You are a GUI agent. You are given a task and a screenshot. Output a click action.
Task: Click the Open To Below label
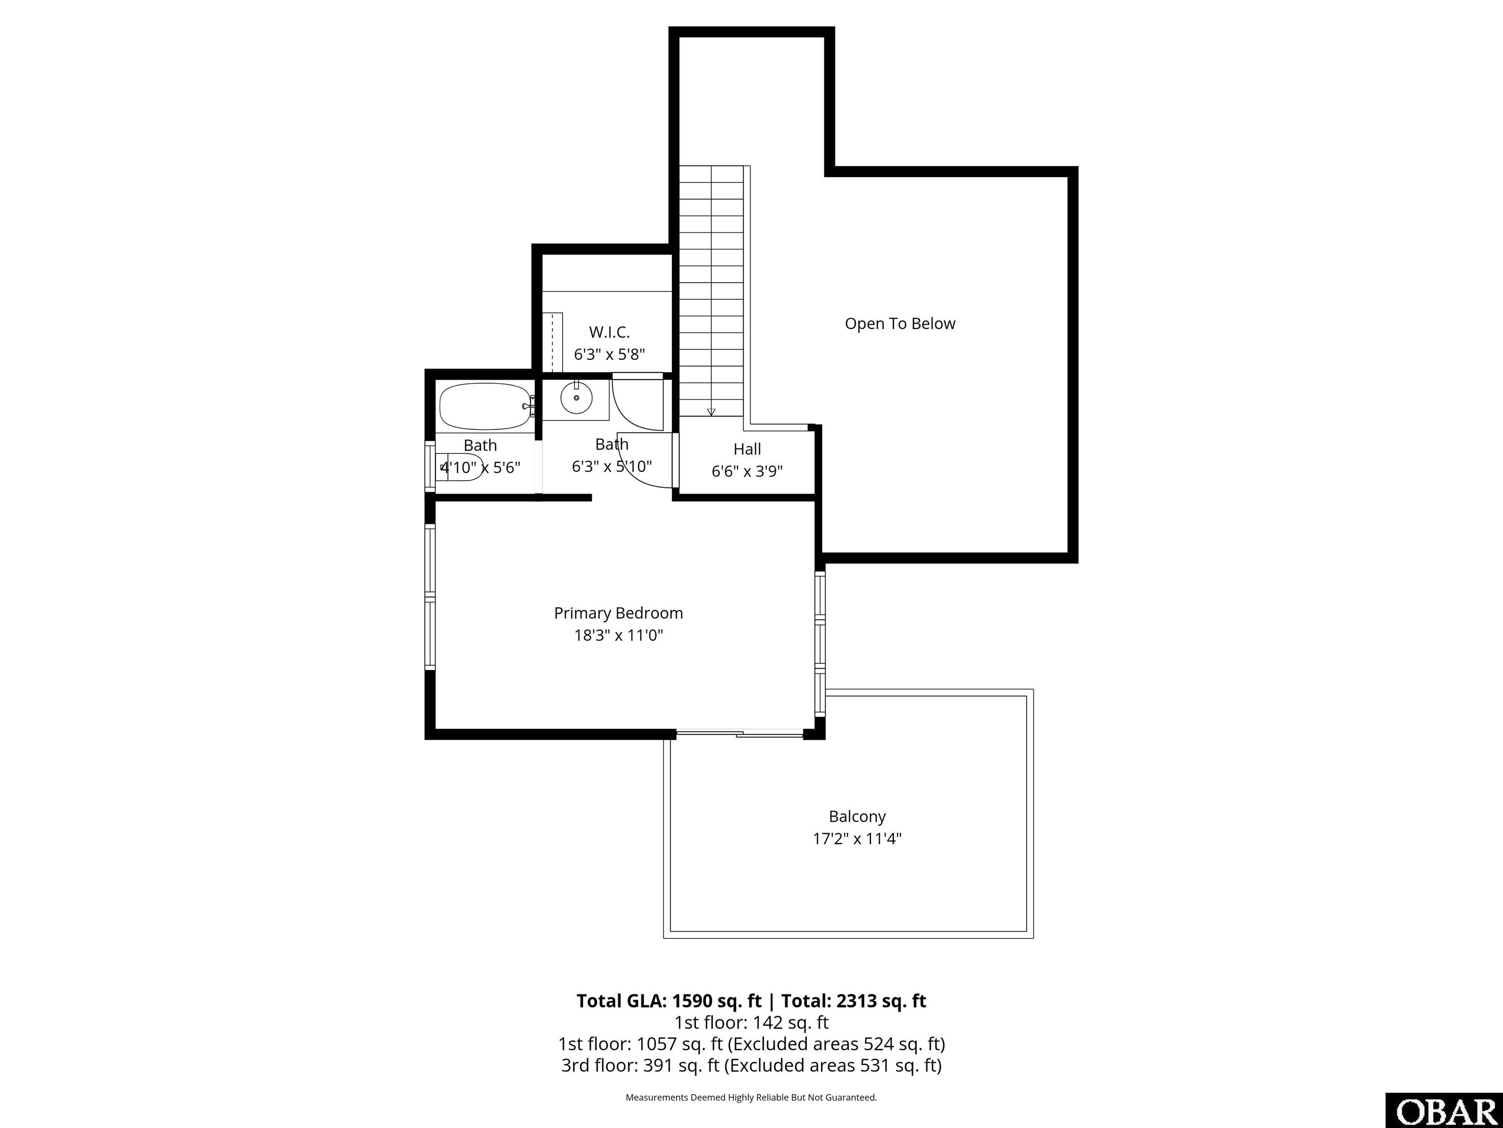(x=900, y=324)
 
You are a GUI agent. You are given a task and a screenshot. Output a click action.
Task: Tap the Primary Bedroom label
(x=618, y=613)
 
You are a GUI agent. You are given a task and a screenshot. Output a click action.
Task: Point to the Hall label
(x=748, y=449)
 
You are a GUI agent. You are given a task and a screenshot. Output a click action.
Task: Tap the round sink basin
(x=576, y=398)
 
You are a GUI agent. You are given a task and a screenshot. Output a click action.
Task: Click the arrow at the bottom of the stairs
(x=711, y=411)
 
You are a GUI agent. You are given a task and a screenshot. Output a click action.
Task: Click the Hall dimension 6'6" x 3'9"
(x=748, y=471)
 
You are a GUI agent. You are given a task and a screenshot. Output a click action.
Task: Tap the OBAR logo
(x=1444, y=1111)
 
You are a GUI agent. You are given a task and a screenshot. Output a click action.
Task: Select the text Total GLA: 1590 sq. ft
(x=669, y=1001)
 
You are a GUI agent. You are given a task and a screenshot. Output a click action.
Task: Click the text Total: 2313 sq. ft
(x=853, y=1001)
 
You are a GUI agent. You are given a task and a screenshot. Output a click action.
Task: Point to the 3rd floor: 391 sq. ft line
(x=751, y=1065)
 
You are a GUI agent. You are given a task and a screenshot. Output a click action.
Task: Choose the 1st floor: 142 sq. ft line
(x=751, y=1023)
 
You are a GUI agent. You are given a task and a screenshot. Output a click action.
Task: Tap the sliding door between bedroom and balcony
(x=740, y=733)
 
